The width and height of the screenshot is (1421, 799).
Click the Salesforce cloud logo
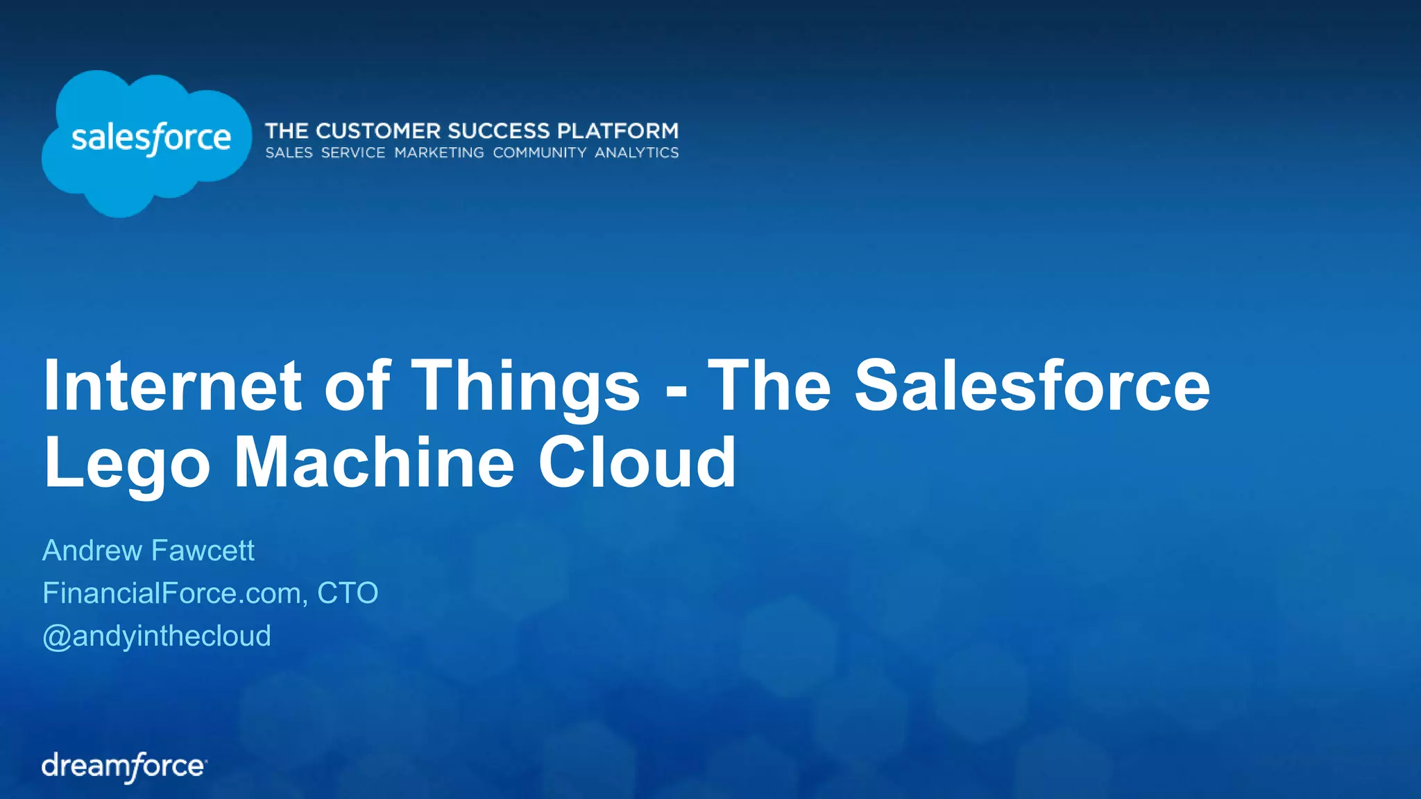click(146, 141)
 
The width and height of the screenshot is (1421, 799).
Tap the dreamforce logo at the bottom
click(124, 766)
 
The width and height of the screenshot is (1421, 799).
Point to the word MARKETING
click(439, 153)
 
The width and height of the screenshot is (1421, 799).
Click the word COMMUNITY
click(540, 153)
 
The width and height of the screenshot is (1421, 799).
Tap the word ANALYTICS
click(636, 153)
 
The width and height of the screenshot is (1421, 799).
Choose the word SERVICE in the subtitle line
click(353, 153)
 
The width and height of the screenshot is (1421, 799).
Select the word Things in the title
click(526, 387)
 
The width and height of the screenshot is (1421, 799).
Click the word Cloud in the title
click(636, 462)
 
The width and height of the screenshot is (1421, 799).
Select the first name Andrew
click(92, 551)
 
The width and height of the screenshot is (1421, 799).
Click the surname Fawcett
click(203, 551)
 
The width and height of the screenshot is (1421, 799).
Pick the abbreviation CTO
click(348, 593)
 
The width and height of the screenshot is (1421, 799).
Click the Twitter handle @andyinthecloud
click(157, 636)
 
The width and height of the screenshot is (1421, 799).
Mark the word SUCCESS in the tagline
click(499, 131)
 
